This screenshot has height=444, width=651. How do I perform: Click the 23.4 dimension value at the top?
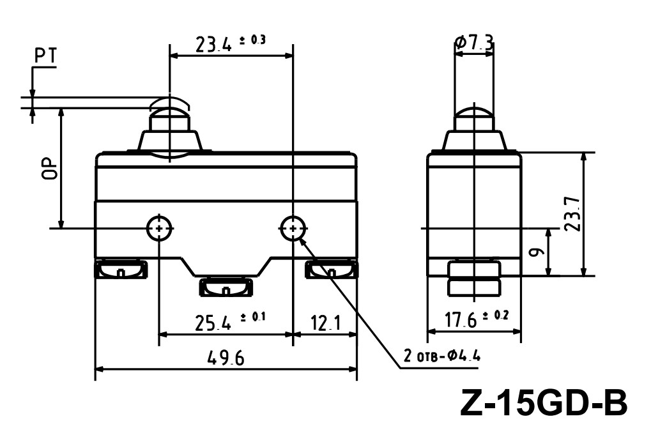(213, 45)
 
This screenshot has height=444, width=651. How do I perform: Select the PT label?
(45, 56)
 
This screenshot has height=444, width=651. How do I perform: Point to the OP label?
(49, 168)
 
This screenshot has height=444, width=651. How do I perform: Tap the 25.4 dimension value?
(213, 323)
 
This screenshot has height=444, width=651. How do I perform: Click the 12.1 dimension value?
(326, 323)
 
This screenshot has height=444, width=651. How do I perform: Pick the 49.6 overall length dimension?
(226, 358)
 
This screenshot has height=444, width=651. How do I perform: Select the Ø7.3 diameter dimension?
(474, 43)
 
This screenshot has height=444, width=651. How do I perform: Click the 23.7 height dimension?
(572, 214)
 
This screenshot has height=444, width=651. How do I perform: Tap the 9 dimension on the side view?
(538, 252)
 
